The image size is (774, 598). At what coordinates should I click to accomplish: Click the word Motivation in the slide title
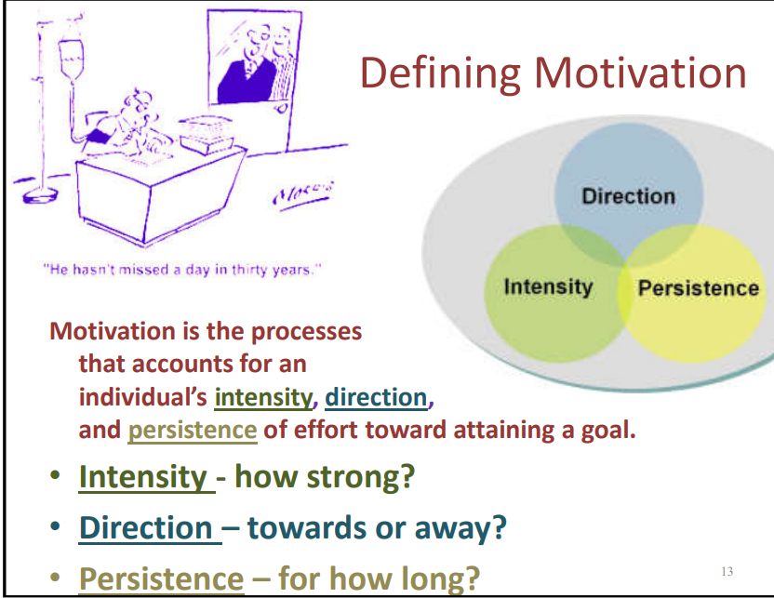(640, 73)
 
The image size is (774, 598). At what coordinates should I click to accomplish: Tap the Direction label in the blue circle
(628, 196)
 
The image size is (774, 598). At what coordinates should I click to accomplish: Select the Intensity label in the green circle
(548, 287)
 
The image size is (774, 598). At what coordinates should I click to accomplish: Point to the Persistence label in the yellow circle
(699, 288)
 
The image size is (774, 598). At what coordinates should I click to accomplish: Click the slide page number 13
(727, 571)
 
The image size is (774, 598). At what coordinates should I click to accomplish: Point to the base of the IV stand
(39, 195)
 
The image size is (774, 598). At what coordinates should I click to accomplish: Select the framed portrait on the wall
(254, 59)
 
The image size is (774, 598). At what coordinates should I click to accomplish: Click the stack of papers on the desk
(207, 134)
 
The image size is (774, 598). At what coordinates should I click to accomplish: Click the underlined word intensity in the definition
(263, 397)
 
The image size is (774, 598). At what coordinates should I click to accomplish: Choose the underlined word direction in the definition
(376, 397)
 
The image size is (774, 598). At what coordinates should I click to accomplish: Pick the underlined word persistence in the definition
(193, 431)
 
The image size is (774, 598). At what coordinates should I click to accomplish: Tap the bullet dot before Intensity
(55, 475)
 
